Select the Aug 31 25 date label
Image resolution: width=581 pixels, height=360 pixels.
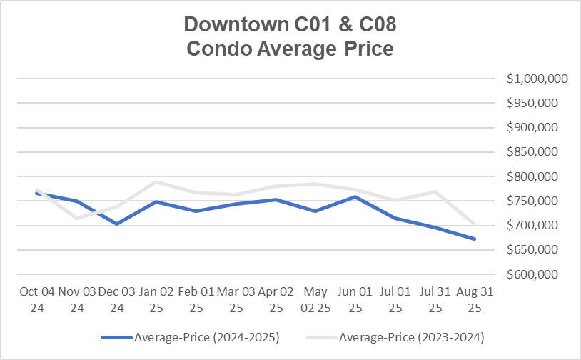474,299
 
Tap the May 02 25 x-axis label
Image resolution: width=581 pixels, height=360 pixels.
315,299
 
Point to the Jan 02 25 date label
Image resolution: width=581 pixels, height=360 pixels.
156,299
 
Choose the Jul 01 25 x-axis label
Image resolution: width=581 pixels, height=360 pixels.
395,299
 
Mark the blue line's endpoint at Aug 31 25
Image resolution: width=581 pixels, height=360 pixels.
475,239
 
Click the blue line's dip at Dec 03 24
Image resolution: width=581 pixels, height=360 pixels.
116,224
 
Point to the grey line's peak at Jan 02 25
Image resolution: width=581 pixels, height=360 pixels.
156,182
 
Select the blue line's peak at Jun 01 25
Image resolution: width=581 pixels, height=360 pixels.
355,196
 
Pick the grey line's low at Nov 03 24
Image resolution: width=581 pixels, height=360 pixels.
76,218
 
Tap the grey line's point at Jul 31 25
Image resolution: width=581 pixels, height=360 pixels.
435,191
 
